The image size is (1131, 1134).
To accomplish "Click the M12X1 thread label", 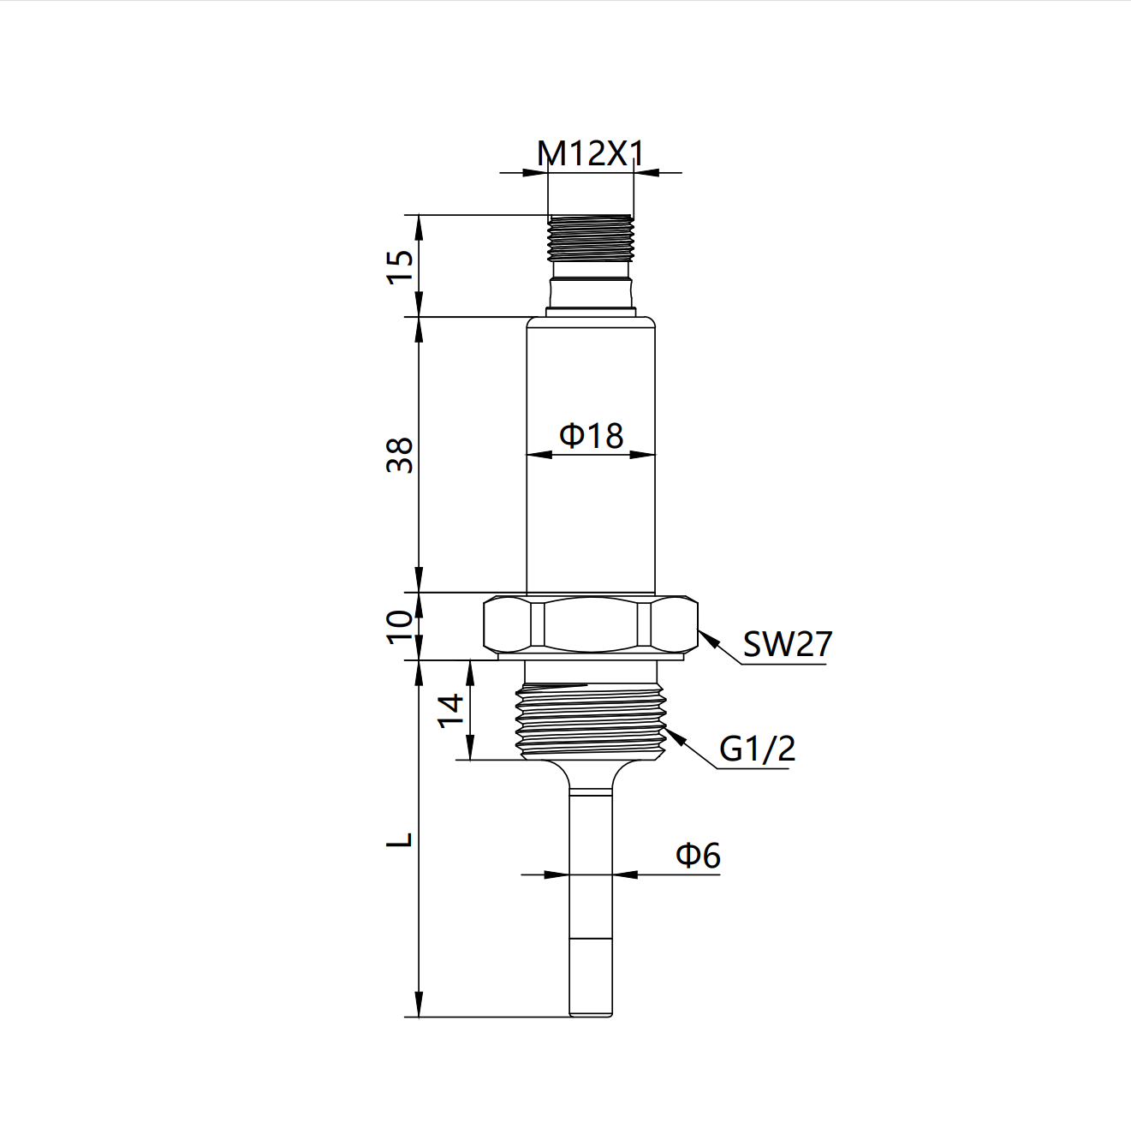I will (x=590, y=154).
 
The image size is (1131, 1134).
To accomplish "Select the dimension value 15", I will (x=401, y=266).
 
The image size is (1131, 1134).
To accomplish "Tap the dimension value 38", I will (x=401, y=455).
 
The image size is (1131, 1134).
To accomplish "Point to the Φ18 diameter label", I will (x=591, y=436).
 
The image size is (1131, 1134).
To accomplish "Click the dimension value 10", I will (x=401, y=627).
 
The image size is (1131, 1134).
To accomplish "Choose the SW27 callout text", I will (x=787, y=644).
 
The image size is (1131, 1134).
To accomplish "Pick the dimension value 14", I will (x=451, y=710).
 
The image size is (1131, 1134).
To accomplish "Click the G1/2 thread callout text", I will (x=757, y=749).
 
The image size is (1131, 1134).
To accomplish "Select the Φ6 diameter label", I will (x=698, y=855).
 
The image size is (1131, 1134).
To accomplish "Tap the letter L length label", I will (x=401, y=839).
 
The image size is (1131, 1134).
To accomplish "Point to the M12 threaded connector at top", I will (x=590, y=237).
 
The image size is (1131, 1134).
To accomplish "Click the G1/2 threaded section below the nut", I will (x=591, y=721).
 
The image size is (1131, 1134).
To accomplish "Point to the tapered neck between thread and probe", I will (x=591, y=775).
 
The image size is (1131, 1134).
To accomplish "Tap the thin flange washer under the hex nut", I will (x=591, y=657).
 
